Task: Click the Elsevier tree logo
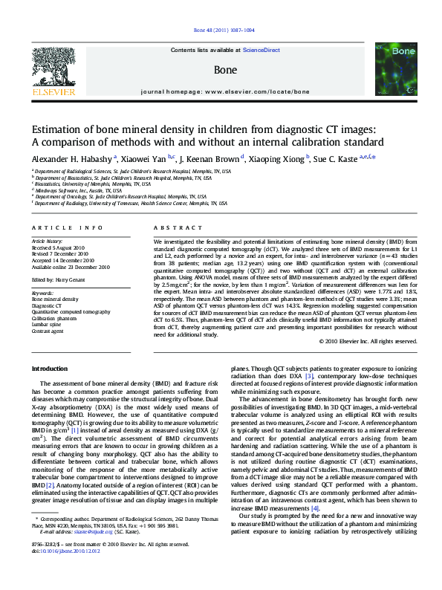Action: coord(53,68)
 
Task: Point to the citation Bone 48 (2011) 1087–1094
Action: coord(223,30)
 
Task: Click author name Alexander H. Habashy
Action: coord(71,158)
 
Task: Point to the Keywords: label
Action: coord(42,293)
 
